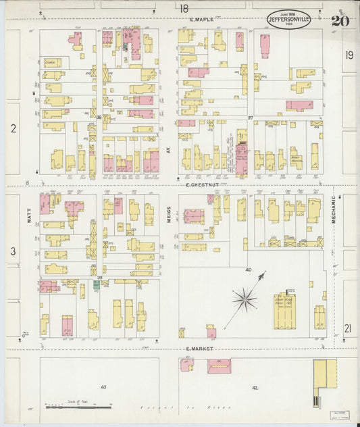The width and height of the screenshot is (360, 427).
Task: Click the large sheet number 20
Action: [x=340, y=20]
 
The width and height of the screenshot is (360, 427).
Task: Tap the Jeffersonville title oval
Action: [x=289, y=20]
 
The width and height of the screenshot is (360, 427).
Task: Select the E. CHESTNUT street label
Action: [x=201, y=184]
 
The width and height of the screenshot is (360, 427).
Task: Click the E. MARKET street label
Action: [x=199, y=349]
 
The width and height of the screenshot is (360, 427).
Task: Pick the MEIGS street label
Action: [x=171, y=215]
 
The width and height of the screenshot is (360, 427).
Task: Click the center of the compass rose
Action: [x=245, y=297]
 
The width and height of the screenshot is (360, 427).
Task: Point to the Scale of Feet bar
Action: [x=78, y=407]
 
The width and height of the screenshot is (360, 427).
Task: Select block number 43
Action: [x=103, y=386]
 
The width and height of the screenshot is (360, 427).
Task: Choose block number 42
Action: [x=255, y=387]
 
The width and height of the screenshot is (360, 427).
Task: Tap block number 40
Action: [x=248, y=270]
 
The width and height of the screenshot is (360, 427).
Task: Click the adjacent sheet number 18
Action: [x=184, y=8]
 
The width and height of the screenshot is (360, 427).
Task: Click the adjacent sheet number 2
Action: [x=12, y=127]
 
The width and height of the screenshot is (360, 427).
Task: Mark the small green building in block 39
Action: [x=97, y=285]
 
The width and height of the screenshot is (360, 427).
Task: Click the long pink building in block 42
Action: [x=219, y=366]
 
